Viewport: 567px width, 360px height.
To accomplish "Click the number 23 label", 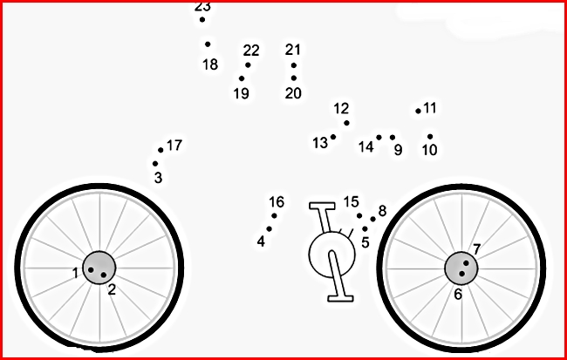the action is (202, 6).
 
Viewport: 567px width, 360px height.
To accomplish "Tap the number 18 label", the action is (210, 65).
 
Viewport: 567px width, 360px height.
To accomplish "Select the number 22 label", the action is (251, 51).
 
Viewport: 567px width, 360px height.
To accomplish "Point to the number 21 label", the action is (292, 50).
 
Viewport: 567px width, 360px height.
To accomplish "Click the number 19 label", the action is (241, 93).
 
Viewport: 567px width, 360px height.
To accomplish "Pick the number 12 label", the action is (341, 108).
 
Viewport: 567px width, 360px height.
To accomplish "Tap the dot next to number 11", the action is (418, 111).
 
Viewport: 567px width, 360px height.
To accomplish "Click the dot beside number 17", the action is (161, 150).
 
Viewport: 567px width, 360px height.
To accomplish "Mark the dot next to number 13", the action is (333, 137).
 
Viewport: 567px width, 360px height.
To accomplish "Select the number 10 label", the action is (429, 150).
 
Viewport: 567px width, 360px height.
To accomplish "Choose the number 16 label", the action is (277, 202).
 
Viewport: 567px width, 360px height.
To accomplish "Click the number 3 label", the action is (158, 178).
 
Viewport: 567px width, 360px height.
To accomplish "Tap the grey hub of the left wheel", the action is (99, 268).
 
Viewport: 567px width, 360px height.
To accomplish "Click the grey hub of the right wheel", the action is (461, 268).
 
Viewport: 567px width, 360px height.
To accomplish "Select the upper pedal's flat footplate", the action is (322, 206).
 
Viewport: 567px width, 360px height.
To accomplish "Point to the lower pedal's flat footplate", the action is (340, 298).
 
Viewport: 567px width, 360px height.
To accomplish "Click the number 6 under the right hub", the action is (458, 295).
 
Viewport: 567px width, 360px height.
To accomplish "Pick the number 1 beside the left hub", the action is (75, 273).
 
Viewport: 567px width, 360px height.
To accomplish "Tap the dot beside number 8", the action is (372, 219).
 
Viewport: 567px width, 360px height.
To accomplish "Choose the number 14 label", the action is (365, 147).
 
